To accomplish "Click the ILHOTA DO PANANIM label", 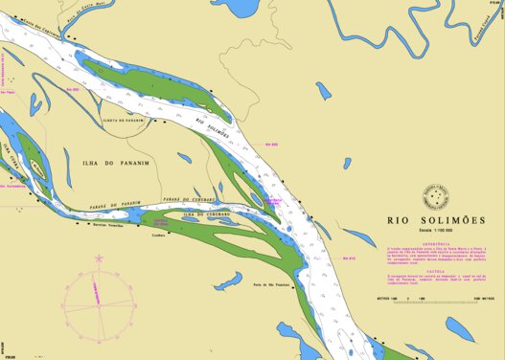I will coord(122,121).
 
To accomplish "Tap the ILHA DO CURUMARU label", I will coord(206,214).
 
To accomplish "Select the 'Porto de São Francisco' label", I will coord(271,285).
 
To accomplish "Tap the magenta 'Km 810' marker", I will coord(349,259).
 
